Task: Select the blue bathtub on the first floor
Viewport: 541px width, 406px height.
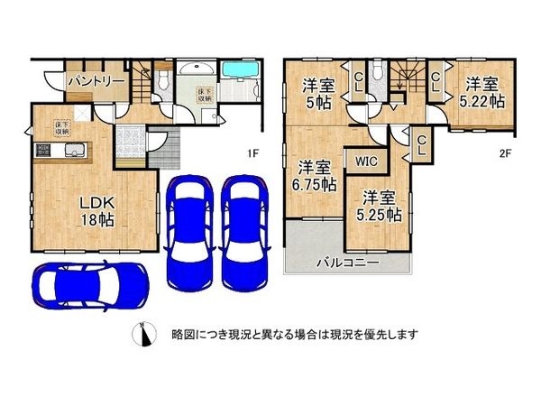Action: point(239,69)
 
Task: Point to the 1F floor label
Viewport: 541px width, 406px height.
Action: point(256,153)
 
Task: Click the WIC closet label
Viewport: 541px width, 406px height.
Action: point(366,162)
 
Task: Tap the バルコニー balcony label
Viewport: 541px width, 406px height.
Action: point(346,263)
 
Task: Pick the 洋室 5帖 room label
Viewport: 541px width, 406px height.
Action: point(318,95)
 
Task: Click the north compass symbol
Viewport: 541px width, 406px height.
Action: point(142,334)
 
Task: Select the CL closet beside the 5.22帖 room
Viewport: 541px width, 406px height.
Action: point(435,85)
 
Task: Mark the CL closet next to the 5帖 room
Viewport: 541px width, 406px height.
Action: point(358,85)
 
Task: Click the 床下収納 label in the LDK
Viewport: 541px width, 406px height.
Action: point(63,126)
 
